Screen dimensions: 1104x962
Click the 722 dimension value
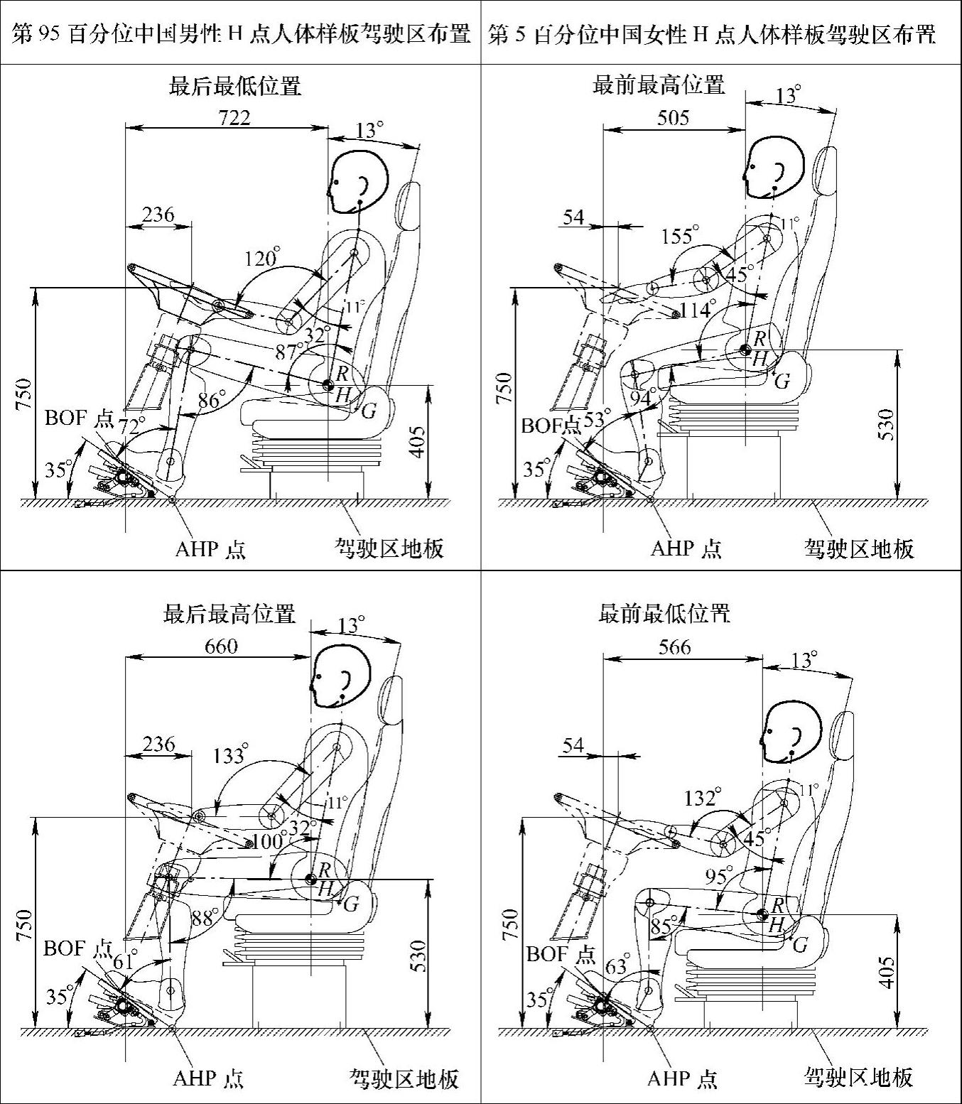pos(234,117)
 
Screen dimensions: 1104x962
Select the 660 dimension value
pos(221,646)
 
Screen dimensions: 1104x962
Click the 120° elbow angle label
pos(261,258)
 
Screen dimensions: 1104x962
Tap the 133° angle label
pos(230,754)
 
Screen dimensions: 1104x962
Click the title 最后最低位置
pos(234,86)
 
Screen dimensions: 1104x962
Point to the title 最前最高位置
pos(659,85)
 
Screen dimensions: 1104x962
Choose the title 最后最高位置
pos(229,613)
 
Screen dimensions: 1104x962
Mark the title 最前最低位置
pos(664,613)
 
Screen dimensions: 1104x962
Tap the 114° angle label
pos(696,310)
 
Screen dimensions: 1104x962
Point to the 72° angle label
pos(131,426)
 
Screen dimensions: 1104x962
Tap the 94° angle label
pos(642,399)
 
